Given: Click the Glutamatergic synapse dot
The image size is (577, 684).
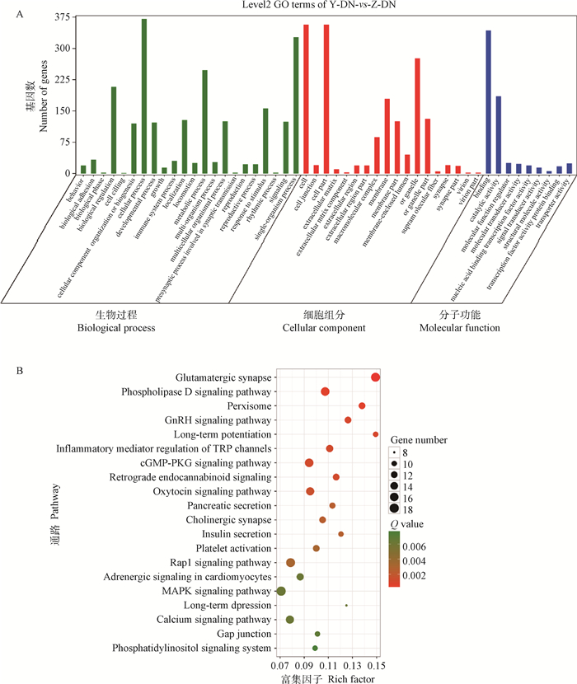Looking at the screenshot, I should point(376,377).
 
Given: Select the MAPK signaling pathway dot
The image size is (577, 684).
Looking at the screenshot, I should point(281,591).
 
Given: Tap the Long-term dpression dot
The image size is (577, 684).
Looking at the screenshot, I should point(346,606).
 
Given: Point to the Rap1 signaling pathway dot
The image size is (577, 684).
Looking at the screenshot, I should point(290,562).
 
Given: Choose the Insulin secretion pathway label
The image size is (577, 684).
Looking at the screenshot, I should point(235,534).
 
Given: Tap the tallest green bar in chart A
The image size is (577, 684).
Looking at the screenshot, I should point(144,96).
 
